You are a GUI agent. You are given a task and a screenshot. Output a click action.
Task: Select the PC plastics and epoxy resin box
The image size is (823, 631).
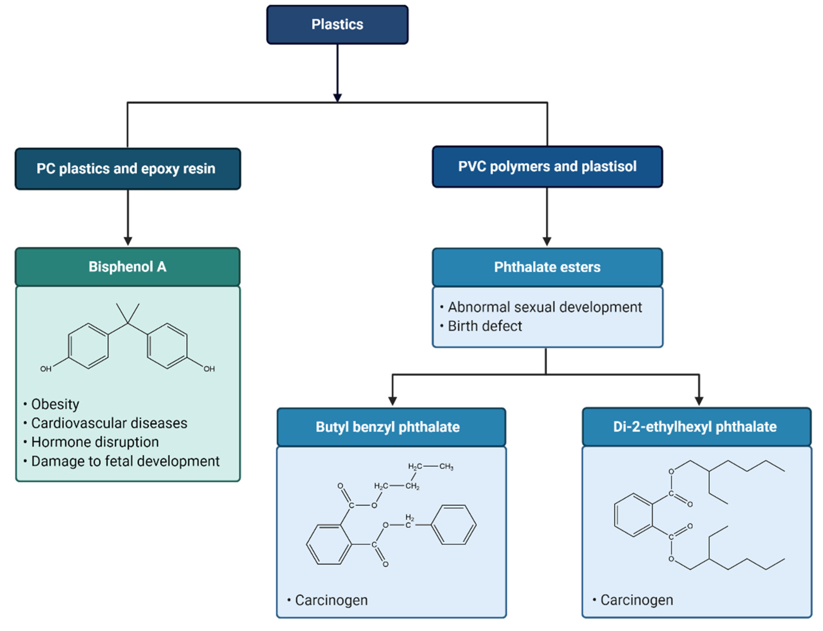point(127,169)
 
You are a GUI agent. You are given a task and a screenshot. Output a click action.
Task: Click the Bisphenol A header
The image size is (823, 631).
point(127,267)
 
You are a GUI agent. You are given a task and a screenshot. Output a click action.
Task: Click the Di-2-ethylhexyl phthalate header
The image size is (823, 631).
point(696,427)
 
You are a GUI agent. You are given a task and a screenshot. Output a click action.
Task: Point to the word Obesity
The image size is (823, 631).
point(55,404)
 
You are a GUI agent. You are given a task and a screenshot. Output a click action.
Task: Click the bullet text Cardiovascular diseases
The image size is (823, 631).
point(109,423)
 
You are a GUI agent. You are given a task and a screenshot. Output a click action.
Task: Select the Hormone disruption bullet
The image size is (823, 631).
point(95,442)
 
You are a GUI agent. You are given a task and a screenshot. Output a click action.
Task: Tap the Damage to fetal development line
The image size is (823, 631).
point(125,461)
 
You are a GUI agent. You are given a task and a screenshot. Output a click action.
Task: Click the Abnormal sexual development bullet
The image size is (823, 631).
point(545,307)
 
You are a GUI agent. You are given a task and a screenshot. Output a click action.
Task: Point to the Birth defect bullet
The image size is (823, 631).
point(485,326)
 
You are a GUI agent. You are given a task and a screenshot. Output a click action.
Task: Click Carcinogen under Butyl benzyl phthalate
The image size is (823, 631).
point(331,600)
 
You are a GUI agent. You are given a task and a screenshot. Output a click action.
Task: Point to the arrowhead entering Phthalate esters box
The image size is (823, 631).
point(547,241)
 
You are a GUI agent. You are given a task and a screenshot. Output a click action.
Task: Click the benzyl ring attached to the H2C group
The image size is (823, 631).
point(453,525)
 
